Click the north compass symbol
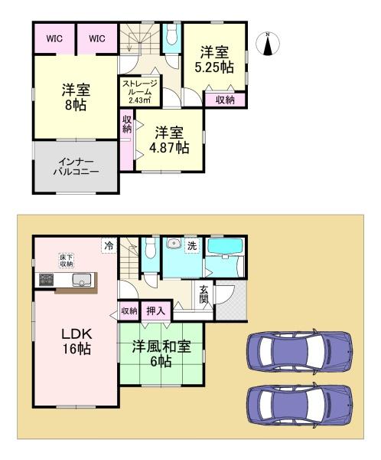(268, 44)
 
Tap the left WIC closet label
(54, 39)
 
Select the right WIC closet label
(97, 39)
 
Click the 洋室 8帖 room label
(76, 97)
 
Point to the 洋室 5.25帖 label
(214, 60)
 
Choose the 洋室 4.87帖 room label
(169, 140)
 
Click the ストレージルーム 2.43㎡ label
(140, 91)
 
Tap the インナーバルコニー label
(77, 166)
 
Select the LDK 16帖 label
(77, 341)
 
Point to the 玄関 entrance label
(204, 294)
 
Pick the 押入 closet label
(155, 311)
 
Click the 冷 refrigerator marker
(109, 245)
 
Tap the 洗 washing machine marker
(192, 245)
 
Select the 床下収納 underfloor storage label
(67, 261)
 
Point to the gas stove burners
(46, 280)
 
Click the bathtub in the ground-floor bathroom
(225, 246)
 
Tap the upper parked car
(300, 352)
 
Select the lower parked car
(300, 406)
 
